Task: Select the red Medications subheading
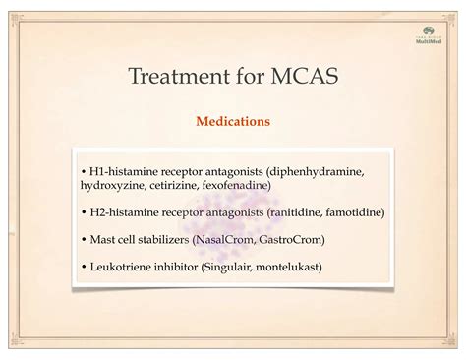pyautogui.click(x=233, y=123)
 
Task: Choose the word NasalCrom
pyautogui.click(x=223, y=239)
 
